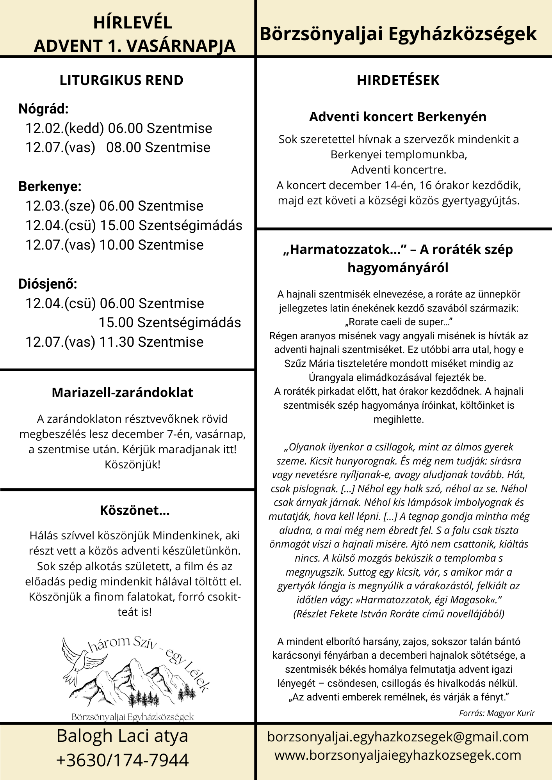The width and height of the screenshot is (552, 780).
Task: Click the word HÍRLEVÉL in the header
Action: point(132,23)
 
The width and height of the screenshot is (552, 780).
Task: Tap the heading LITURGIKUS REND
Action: point(121,80)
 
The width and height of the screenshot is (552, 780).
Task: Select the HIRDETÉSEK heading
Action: point(398,80)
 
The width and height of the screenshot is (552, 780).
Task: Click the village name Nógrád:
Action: point(43,109)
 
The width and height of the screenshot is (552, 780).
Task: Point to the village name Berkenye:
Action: point(50,186)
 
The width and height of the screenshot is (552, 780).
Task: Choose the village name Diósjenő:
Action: point(48,284)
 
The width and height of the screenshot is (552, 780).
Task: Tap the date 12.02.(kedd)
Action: point(64,128)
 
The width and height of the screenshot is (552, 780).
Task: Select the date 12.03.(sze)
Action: point(60,206)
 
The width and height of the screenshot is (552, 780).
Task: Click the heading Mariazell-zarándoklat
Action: point(122,392)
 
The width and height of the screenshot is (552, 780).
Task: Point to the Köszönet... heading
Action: point(135,510)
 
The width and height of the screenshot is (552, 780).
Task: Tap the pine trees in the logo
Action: point(148,698)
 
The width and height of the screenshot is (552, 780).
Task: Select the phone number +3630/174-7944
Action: point(122,760)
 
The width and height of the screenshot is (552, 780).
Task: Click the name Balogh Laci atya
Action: point(122,736)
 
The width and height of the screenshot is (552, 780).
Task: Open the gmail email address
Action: point(398,737)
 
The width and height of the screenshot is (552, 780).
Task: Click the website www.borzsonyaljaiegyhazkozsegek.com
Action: point(398,755)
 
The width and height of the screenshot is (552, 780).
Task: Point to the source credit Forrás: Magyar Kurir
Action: point(497,713)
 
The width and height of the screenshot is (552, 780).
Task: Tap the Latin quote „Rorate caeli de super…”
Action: point(398,322)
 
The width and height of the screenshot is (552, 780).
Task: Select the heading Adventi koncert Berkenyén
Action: point(398,117)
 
